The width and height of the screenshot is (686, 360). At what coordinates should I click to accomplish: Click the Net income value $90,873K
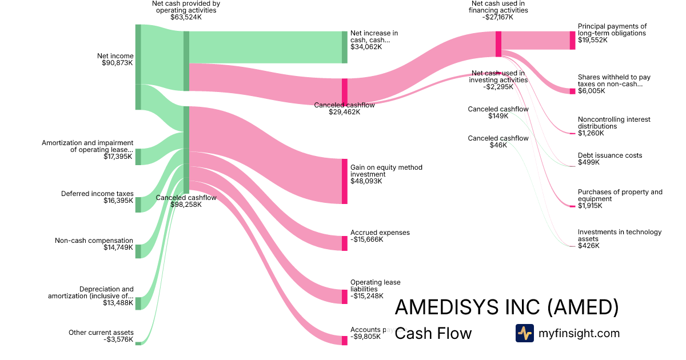pos(117,63)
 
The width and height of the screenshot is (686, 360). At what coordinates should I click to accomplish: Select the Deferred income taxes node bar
pos(138,205)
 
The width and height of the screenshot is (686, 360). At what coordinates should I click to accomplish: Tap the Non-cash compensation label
pos(94,241)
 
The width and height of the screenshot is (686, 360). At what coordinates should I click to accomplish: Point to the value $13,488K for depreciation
pos(118,303)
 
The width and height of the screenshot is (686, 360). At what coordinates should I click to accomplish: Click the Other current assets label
pos(101,333)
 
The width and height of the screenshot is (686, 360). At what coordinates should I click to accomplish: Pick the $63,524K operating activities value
pos(186,17)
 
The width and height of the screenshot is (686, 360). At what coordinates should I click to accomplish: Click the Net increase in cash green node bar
pos(345,47)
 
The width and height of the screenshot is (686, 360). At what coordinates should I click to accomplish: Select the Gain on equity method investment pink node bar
pos(345,181)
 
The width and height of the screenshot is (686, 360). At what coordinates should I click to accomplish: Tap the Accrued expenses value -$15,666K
pos(366,239)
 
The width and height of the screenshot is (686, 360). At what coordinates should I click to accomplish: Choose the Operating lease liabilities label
pos(376,286)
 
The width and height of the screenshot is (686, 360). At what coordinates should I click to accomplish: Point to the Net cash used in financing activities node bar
pos(498,44)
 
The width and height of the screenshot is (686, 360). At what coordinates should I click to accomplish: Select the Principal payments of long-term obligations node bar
pos(572,40)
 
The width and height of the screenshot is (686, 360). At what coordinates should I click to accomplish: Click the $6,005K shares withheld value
pos(591,91)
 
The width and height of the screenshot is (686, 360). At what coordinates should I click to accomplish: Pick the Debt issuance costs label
pos(609,155)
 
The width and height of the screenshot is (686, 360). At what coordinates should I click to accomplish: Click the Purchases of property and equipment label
pos(620,195)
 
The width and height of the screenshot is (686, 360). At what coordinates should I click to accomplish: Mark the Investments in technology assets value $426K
pos(588,246)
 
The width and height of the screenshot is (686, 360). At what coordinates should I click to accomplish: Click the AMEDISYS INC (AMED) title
pos(506,307)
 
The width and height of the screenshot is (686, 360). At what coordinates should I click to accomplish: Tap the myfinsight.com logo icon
pos(524,333)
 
